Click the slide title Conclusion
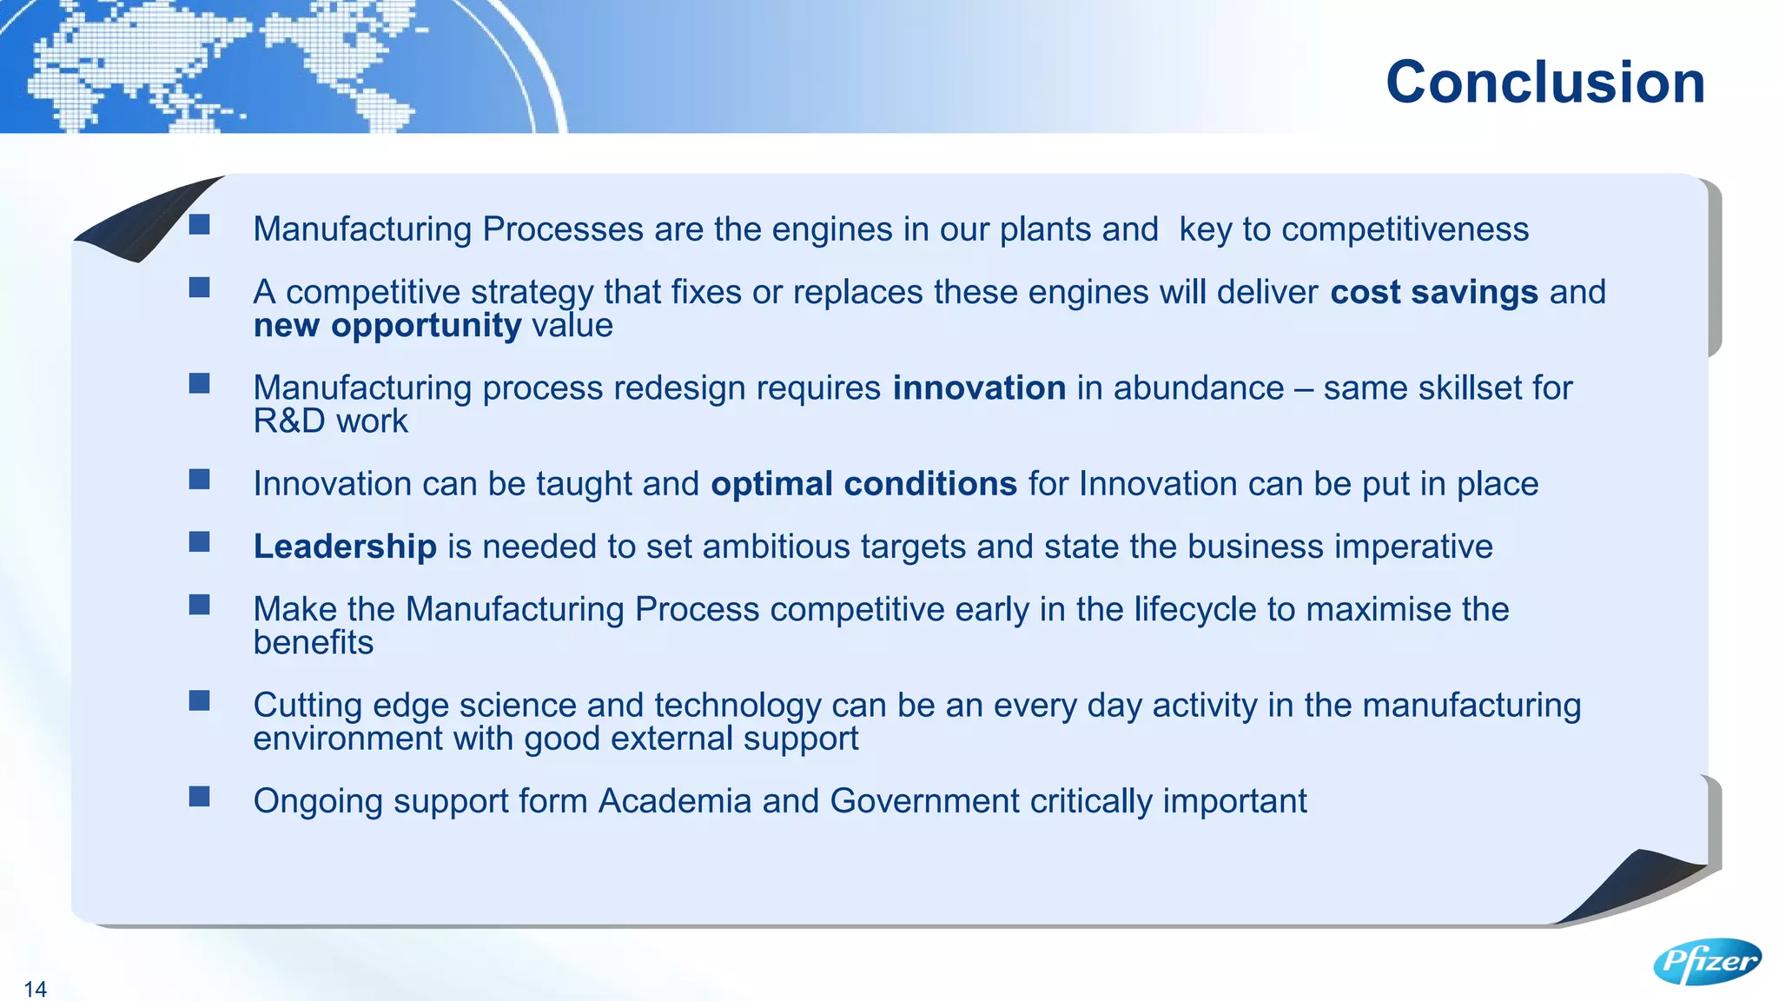click(x=1544, y=83)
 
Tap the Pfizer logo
click(x=1707, y=961)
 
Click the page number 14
click(x=36, y=989)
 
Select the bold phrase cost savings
click(x=1433, y=293)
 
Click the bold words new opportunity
click(x=387, y=326)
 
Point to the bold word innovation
click(x=979, y=388)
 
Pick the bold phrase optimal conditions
click(x=863, y=484)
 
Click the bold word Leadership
click(x=345, y=547)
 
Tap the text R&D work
click(x=330, y=421)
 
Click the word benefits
click(x=313, y=643)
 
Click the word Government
click(x=924, y=801)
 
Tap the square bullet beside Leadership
click(x=200, y=542)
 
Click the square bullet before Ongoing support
click(x=200, y=797)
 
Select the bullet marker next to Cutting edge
click(x=200, y=701)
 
